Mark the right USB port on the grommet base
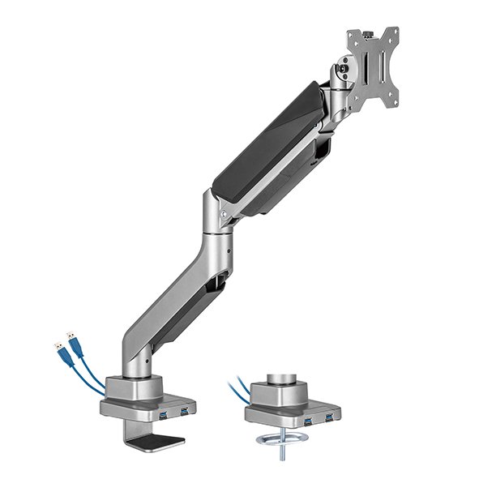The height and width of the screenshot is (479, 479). [x=329, y=421]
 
